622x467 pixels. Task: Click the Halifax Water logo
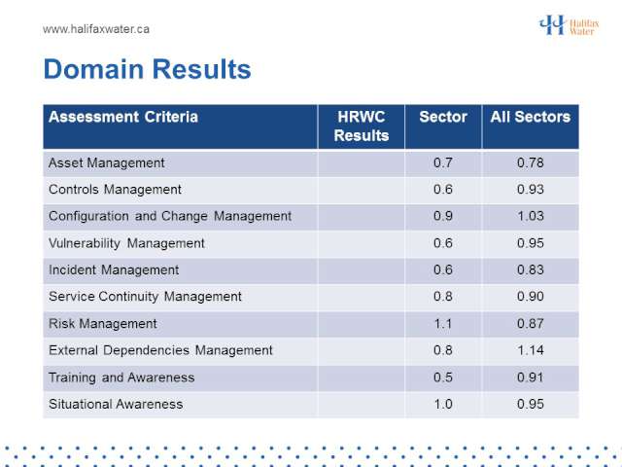click(x=569, y=25)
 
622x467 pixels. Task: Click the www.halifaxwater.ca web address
click(x=96, y=29)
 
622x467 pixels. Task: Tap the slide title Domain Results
click(x=147, y=69)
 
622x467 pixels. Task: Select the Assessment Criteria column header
click(x=123, y=117)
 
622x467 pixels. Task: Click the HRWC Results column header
click(x=362, y=126)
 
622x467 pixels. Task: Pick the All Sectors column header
click(x=531, y=117)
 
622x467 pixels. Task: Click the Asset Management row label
click(x=106, y=163)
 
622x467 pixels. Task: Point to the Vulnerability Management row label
click(x=126, y=243)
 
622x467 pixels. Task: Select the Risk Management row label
click(x=103, y=324)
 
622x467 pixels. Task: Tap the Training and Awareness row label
click(x=121, y=377)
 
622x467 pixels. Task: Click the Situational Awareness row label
click(x=116, y=405)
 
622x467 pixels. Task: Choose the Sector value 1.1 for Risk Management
click(x=443, y=324)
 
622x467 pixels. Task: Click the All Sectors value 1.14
click(x=531, y=350)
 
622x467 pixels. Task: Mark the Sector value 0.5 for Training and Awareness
click(x=443, y=377)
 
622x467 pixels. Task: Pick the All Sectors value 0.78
click(x=531, y=162)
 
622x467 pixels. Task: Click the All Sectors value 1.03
click(x=531, y=216)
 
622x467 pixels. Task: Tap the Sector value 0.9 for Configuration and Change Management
click(x=443, y=216)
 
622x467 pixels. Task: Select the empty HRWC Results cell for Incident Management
click(x=362, y=270)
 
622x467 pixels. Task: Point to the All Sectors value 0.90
click(x=531, y=297)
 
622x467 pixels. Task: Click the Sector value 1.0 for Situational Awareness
click(x=443, y=405)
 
